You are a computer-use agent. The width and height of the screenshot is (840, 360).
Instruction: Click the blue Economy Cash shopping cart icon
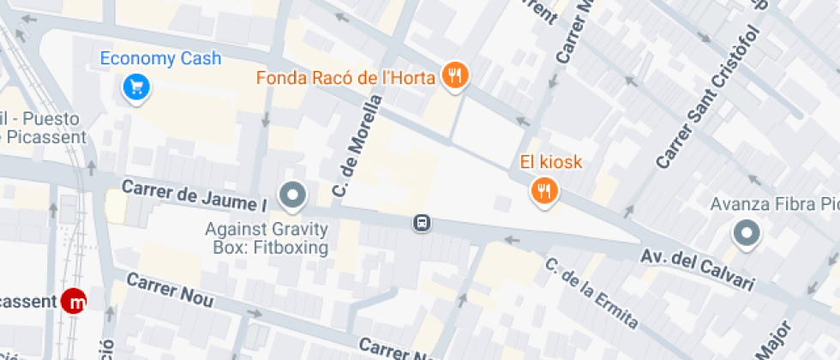tap(135, 86)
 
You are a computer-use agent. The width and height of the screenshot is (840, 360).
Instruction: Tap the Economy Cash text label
tap(160, 59)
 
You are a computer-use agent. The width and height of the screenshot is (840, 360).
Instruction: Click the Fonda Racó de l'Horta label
tap(347, 78)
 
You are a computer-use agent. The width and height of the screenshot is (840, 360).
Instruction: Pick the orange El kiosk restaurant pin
tap(543, 190)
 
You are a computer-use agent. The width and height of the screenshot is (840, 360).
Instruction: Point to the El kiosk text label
tap(550, 162)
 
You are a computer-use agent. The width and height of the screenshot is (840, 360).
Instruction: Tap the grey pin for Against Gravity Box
tap(294, 195)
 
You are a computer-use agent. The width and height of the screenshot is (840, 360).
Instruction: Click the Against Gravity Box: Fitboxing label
tap(267, 239)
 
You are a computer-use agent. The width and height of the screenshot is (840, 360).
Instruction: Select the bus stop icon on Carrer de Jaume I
tap(422, 224)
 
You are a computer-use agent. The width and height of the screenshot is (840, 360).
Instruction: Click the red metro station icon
tap(75, 302)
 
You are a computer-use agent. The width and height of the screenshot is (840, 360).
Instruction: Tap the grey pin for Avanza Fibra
tap(746, 233)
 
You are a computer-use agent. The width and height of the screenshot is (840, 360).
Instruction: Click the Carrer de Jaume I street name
tap(194, 195)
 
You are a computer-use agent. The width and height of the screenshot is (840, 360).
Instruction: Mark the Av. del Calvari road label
tap(697, 269)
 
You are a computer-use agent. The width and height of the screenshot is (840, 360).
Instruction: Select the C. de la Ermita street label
tap(591, 293)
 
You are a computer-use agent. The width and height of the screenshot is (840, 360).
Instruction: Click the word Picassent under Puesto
tap(47, 136)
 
